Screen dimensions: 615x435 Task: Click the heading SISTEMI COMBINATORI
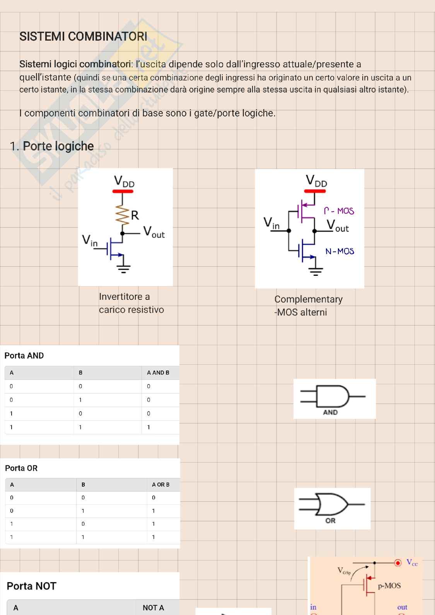coord(83,36)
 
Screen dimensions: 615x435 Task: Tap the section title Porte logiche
coord(58,146)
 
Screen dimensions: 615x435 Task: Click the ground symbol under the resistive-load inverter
coord(124,268)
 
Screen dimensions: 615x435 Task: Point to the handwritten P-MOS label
coord(339,211)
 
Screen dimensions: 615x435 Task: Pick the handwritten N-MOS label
coord(339,251)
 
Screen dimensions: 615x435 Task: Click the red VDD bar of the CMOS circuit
coord(315,191)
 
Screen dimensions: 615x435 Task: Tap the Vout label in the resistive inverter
coord(154,232)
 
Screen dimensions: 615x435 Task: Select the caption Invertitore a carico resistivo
coord(131,303)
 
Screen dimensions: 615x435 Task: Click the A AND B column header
coord(158,372)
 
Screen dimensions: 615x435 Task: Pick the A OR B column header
coord(160,484)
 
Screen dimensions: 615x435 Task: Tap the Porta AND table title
coord(24,355)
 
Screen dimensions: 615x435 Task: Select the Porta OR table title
coord(21,468)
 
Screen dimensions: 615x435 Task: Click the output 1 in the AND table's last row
coord(148,427)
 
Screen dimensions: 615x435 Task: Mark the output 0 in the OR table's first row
coord(154,497)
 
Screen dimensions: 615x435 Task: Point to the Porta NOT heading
coord(31,586)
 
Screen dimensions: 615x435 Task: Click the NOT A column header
coord(153,608)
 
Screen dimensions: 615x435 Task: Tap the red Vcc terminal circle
coord(398,563)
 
